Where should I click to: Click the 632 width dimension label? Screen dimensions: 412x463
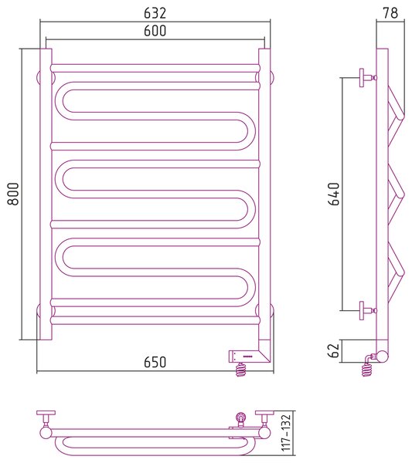[x=155, y=13]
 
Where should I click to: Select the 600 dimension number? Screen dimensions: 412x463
[x=155, y=31]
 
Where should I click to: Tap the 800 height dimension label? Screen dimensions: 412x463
[x=14, y=194]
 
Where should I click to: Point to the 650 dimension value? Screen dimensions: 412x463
[x=155, y=363]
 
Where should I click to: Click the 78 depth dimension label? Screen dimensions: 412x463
[x=390, y=13]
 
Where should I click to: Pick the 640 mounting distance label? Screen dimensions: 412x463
[x=334, y=194]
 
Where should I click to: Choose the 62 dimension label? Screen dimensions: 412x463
[x=334, y=350]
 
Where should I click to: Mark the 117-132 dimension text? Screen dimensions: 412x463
[x=286, y=433]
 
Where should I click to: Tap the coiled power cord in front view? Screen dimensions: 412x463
[x=241, y=370]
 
